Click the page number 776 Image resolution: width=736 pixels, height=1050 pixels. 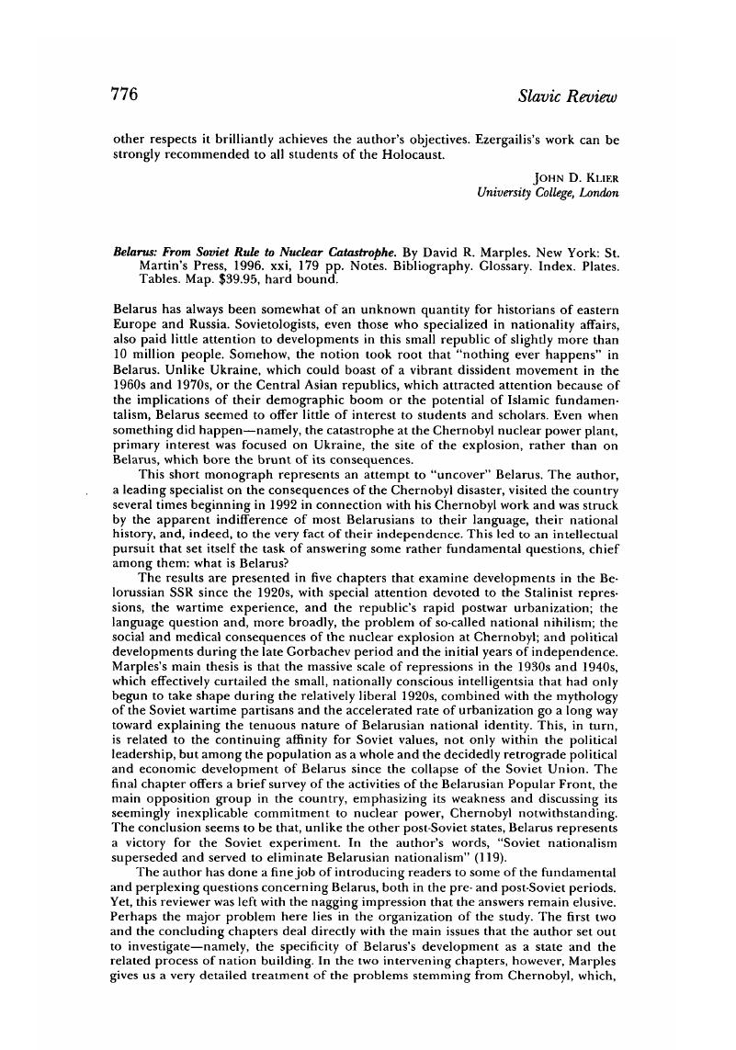pyautogui.click(x=125, y=95)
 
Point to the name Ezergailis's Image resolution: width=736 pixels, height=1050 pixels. pyautogui.click(x=515, y=140)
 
